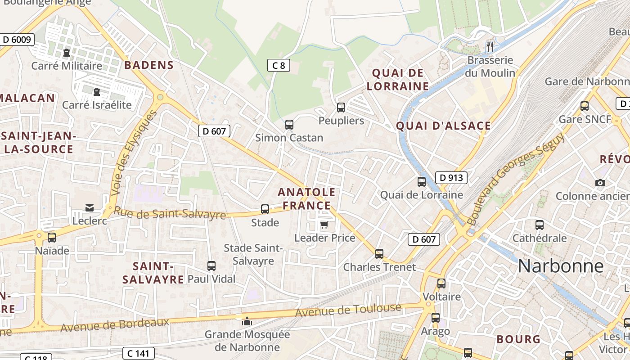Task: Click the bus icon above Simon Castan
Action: click(289, 124)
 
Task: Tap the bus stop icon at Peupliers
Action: click(341, 107)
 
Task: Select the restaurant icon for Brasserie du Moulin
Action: click(490, 46)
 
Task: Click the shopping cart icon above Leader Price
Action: click(324, 225)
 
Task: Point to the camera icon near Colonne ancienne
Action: click(600, 183)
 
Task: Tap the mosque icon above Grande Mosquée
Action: click(247, 321)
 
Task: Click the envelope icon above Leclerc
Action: click(90, 207)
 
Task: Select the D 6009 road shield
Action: click(17, 40)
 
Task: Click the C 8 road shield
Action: click(279, 66)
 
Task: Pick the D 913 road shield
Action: click(451, 178)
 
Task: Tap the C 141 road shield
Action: click(138, 353)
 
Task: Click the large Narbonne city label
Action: click(560, 266)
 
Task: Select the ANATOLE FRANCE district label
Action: click(306, 199)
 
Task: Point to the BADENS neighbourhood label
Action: click(149, 65)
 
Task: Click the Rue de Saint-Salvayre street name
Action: click(169, 213)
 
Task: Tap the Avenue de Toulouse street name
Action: click(348, 310)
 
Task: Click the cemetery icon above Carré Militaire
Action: click(67, 53)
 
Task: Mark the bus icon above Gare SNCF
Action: click(584, 106)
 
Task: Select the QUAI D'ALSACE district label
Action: click(443, 126)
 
